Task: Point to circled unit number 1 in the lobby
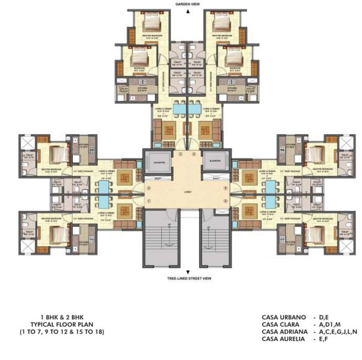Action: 148,201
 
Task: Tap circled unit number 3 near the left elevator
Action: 181,154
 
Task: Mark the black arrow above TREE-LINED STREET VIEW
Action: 187,272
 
